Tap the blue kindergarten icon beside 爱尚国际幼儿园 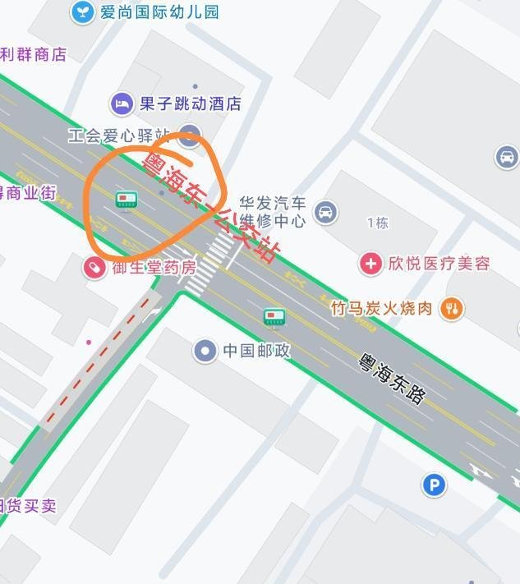82,11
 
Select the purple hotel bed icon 122,103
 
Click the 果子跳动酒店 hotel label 190,103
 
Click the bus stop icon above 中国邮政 274,317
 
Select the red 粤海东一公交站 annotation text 209,206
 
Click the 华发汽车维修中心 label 273,211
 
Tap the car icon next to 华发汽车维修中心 326,212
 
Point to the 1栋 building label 377,223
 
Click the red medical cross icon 370,264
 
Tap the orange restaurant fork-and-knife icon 451,308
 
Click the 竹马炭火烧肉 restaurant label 381,308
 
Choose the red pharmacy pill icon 94,267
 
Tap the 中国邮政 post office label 256,351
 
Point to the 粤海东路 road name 393,378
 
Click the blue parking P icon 434,485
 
